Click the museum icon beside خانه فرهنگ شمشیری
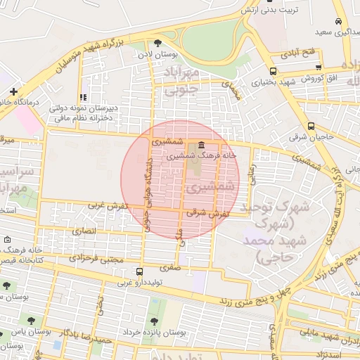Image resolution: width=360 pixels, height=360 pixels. coord(193,144)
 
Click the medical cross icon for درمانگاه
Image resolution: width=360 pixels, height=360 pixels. coord(13,91)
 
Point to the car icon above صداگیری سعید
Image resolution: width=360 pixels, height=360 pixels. coord(338,21)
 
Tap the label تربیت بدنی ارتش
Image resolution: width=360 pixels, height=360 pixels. coord(271,10)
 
